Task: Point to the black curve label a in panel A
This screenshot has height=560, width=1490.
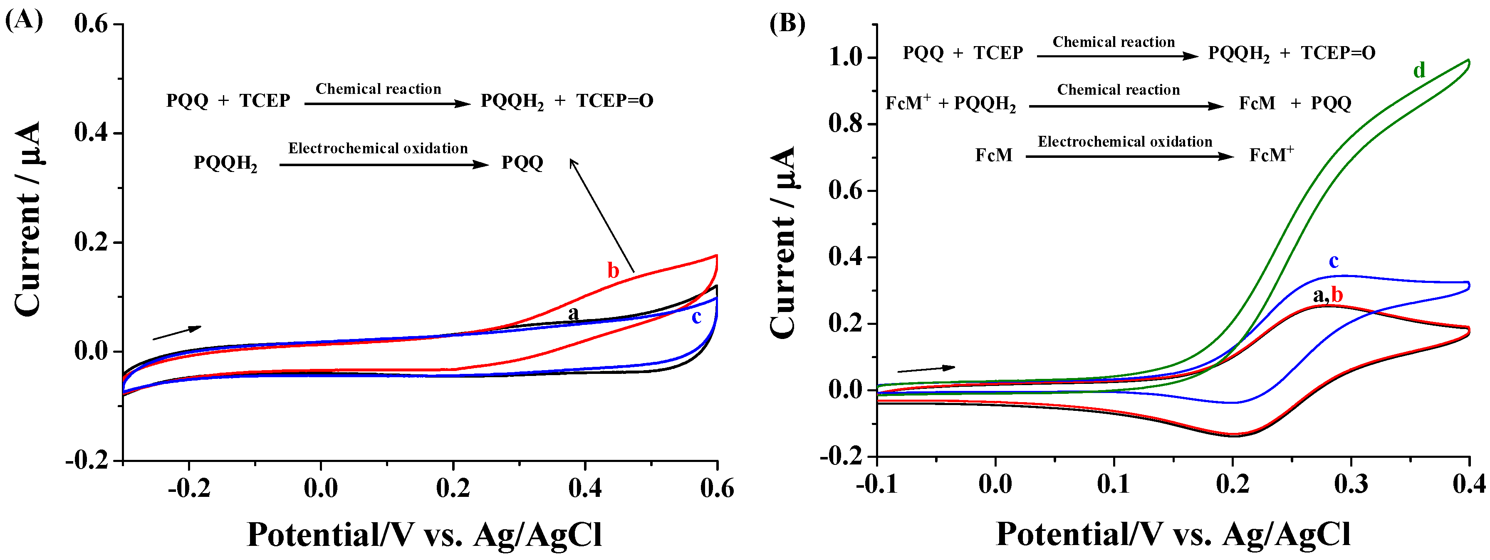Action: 573,313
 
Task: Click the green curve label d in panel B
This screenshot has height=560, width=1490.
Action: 1419,71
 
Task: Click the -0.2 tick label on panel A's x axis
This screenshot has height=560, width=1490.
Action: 188,489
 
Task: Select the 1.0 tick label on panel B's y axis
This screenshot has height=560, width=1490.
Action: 846,57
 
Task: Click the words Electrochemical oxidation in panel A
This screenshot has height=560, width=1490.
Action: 378,149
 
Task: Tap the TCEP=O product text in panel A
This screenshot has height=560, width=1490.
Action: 614,101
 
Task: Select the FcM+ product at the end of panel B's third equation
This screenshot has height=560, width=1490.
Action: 1271,155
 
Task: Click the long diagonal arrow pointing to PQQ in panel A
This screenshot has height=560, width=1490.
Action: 601,214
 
